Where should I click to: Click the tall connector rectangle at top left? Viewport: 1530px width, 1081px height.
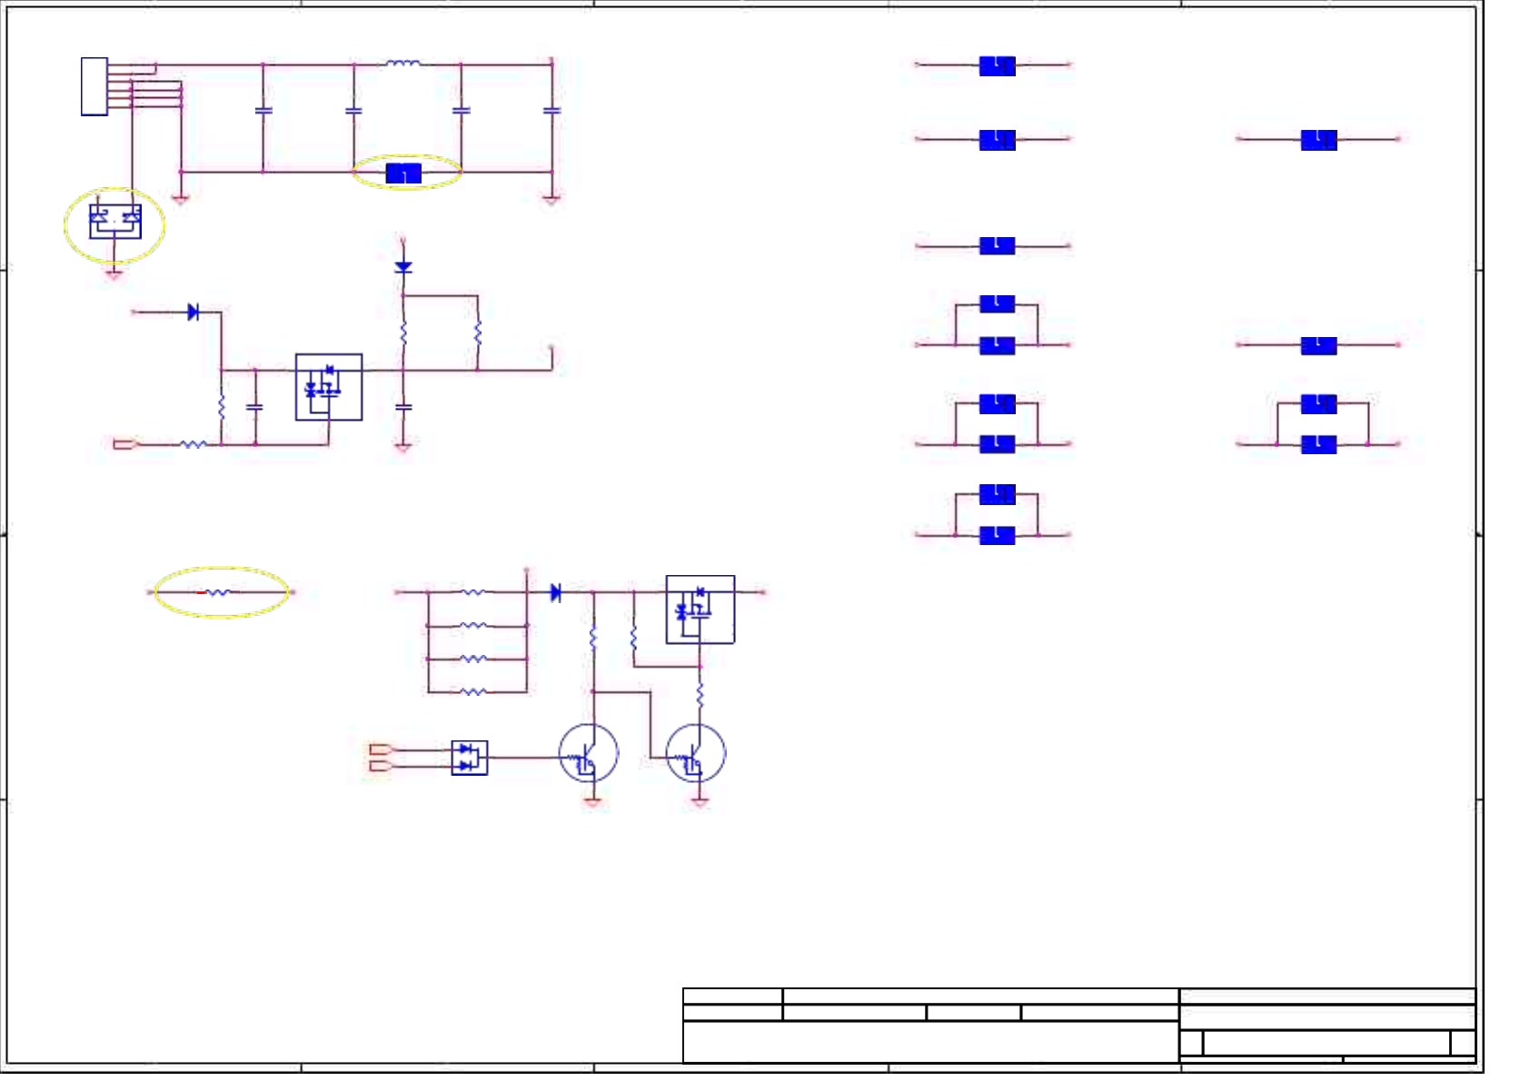(x=94, y=87)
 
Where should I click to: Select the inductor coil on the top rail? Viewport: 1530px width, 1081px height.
(x=403, y=64)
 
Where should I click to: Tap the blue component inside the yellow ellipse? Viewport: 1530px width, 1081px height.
(x=403, y=173)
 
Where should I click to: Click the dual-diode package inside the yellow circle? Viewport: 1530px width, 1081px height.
(x=115, y=221)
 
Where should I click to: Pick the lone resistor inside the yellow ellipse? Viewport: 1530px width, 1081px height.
(x=219, y=592)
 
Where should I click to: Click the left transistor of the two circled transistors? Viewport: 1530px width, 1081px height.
(x=589, y=754)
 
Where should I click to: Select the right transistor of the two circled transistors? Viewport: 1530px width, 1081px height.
(x=696, y=754)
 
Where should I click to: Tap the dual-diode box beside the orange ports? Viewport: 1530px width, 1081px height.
(x=469, y=758)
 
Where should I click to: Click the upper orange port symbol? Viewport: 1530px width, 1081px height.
(x=381, y=749)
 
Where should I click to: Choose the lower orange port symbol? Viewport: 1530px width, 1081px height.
(x=381, y=766)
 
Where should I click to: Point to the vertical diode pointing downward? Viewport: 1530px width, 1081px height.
(x=403, y=267)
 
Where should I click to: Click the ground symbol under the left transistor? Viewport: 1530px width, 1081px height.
(x=592, y=802)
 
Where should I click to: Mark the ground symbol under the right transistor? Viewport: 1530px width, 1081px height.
(x=700, y=802)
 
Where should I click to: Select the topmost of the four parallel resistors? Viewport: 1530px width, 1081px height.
(x=472, y=592)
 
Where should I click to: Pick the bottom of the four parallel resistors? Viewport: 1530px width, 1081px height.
(x=472, y=692)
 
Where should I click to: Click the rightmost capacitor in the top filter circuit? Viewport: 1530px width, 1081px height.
(x=551, y=110)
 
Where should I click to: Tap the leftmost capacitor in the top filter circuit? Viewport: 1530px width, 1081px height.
(x=263, y=110)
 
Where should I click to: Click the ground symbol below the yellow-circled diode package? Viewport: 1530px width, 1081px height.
(x=114, y=273)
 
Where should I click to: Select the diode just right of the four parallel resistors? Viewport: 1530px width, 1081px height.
(x=556, y=592)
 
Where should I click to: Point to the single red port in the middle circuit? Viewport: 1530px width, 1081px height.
(x=124, y=444)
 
